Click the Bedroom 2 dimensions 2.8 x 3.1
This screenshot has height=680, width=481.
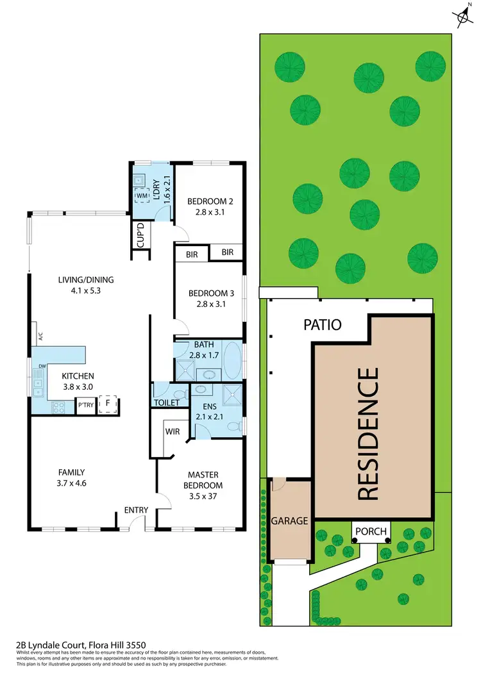(x=210, y=214)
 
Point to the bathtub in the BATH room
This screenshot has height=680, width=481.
(x=232, y=361)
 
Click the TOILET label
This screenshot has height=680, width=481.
(x=166, y=403)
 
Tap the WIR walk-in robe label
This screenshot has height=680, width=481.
(x=172, y=431)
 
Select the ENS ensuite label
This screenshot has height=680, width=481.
(x=210, y=406)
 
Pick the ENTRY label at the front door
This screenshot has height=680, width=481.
(x=137, y=510)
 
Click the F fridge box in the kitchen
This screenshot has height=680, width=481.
(x=107, y=405)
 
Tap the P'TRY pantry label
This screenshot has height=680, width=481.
(x=85, y=405)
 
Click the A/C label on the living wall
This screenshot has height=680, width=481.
(x=40, y=335)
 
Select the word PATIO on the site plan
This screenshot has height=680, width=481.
(x=322, y=325)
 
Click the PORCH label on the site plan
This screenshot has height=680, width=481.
(x=371, y=531)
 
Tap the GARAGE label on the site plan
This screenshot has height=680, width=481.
(x=290, y=520)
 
